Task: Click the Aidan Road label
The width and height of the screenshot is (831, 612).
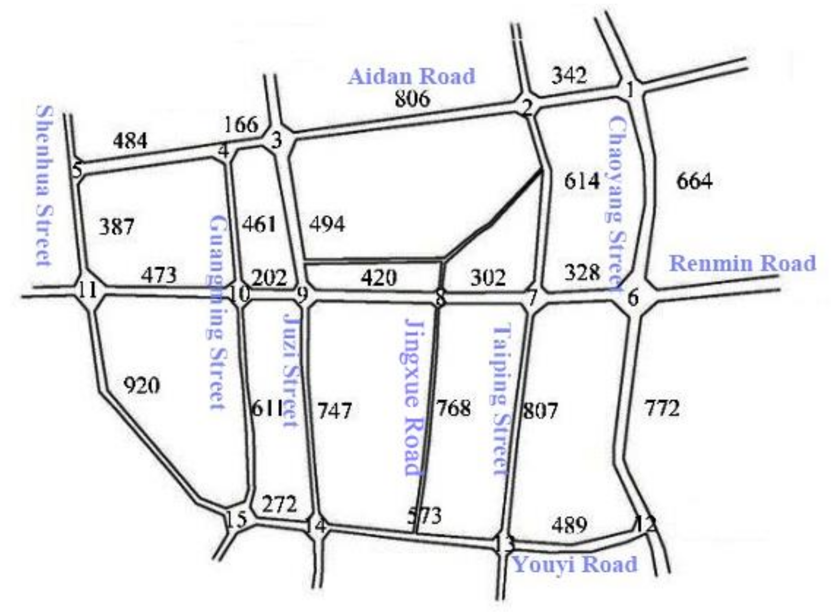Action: [412, 76]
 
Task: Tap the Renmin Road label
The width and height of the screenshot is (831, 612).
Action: [742, 263]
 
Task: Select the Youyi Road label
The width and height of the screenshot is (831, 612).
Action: [575, 564]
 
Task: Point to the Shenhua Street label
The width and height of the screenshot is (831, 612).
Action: [44, 186]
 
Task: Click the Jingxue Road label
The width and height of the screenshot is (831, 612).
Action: [413, 398]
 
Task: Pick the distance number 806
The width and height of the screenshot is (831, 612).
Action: [412, 98]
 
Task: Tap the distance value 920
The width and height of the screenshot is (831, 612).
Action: [142, 386]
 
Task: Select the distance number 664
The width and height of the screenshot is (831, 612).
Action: [694, 182]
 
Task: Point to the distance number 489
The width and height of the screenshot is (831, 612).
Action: [569, 524]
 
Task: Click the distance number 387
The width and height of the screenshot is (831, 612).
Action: [117, 227]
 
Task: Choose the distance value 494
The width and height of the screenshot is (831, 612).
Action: [327, 224]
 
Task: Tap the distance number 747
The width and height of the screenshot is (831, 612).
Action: [334, 411]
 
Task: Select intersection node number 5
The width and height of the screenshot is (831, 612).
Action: [77, 171]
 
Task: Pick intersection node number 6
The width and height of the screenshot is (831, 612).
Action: [633, 299]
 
